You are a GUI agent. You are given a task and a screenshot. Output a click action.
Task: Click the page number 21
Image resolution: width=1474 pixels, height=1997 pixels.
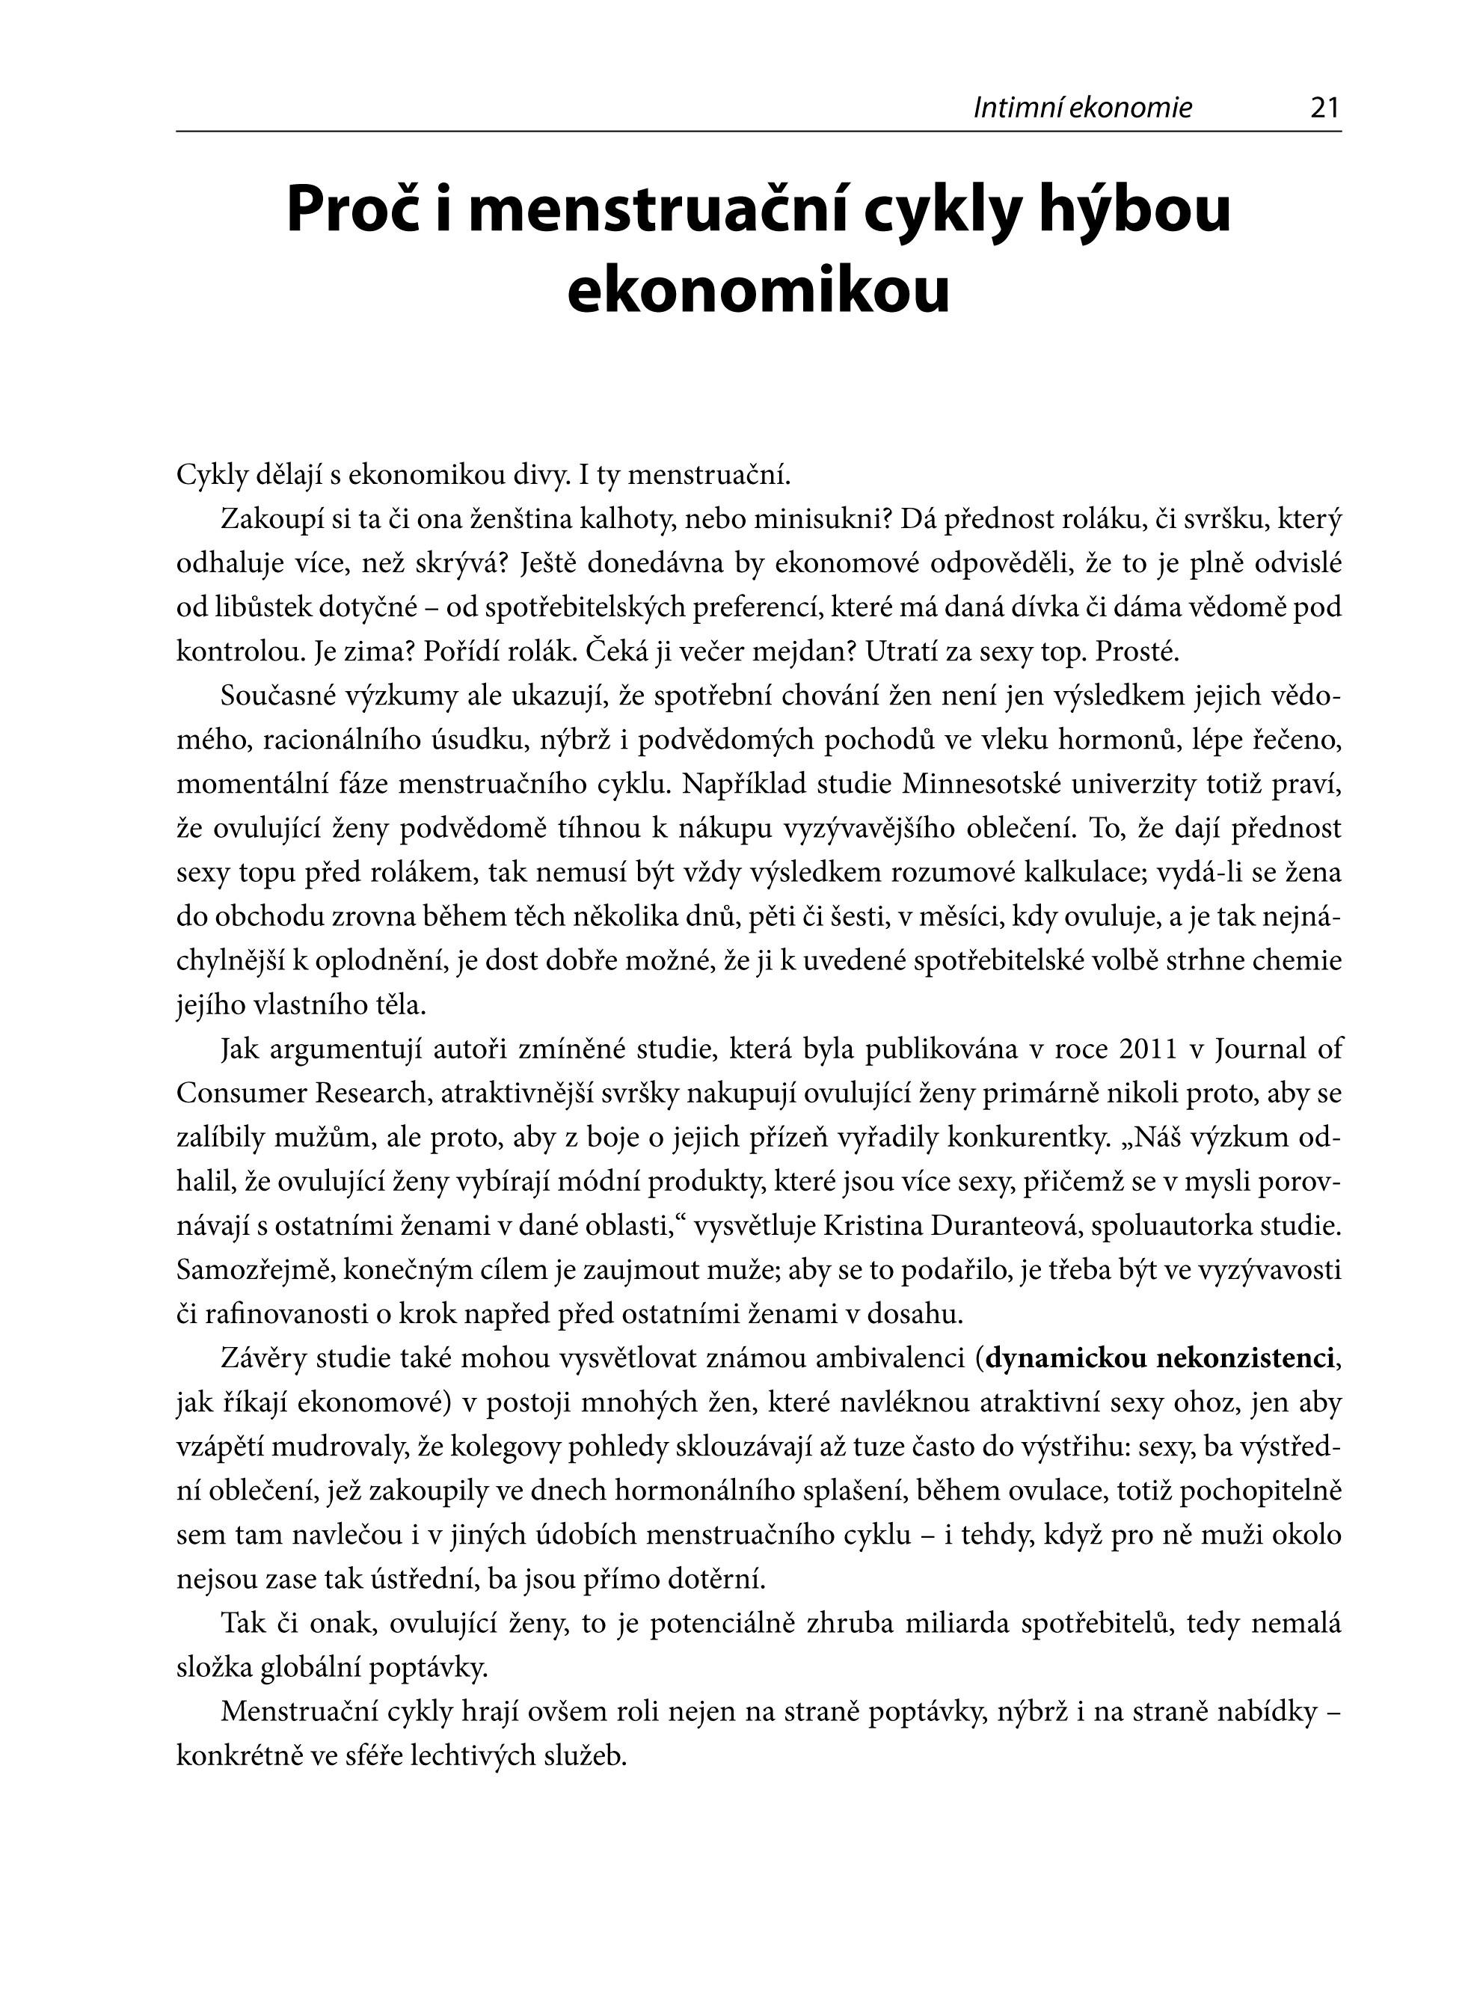1325,109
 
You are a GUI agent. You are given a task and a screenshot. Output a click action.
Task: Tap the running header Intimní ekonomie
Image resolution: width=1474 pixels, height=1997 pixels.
1082,109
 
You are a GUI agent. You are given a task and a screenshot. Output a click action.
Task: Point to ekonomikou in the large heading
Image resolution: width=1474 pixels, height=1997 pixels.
758,292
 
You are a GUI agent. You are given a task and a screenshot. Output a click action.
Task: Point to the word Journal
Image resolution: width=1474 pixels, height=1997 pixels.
1261,1049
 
